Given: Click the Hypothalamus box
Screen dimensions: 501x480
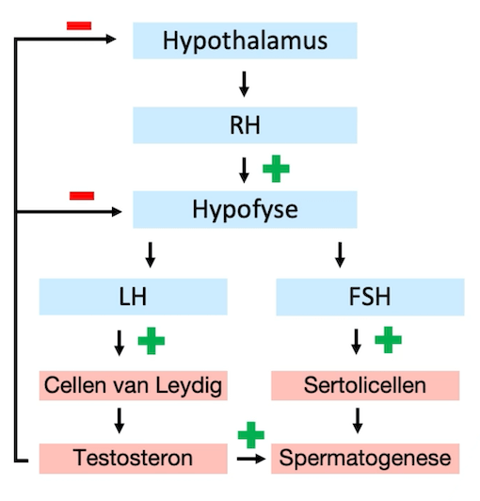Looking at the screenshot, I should coord(245,40).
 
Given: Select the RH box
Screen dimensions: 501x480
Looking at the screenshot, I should coord(245,124).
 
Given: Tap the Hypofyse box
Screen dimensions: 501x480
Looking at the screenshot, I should coord(245,209).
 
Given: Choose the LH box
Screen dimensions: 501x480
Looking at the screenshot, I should coord(133,297).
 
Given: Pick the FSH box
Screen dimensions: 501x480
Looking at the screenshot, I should coord(370,297).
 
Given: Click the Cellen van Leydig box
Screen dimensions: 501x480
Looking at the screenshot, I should coord(133,385).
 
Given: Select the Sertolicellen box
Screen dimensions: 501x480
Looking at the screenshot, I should coord(365,385).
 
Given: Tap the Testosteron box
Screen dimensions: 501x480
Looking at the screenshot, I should coord(133,459).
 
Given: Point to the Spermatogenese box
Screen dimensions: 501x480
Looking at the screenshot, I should coord(365,459).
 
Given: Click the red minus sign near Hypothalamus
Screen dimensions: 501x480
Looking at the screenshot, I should coord(80,24).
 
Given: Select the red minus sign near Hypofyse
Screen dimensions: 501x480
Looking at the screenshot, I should coord(82,195).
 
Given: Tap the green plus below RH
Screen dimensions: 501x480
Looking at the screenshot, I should coord(276,169).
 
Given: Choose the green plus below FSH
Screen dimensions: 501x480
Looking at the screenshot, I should coord(388,340).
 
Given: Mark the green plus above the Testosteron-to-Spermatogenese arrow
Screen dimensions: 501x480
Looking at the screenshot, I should coord(250,434).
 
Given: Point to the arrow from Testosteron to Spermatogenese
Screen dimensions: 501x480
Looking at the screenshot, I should coord(249,459).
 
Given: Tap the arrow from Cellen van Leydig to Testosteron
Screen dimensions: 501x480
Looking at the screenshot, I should coord(120,421).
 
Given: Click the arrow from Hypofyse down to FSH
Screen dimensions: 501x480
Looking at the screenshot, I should coord(340,253).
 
